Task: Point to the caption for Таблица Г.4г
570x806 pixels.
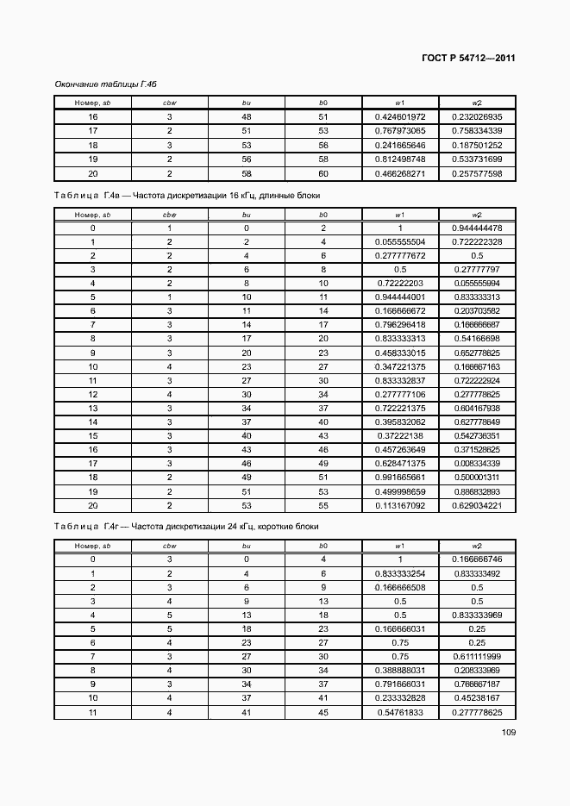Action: (x=186, y=526)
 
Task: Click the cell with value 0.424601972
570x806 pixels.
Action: (x=400, y=116)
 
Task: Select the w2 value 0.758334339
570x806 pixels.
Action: (x=477, y=131)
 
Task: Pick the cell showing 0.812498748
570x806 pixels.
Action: (x=400, y=159)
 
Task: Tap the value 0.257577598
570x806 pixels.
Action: (x=477, y=174)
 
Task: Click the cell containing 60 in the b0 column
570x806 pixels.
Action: (x=323, y=174)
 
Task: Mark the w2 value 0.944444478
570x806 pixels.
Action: (x=477, y=228)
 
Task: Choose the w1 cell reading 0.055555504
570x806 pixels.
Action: (x=400, y=242)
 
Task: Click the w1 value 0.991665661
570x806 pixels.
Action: (x=400, y=477)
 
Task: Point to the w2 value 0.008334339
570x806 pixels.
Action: (x=477, y=463)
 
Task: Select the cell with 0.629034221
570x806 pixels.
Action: (x=477, y=505)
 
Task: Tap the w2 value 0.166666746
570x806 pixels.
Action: (x=477, y=559)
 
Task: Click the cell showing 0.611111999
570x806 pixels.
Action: (x=477, y=656)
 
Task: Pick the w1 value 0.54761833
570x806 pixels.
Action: (x=400, y=712)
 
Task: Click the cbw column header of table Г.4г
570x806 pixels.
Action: (x=170, y=545)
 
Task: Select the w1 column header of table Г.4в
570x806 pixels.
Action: (x=400, y=214)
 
